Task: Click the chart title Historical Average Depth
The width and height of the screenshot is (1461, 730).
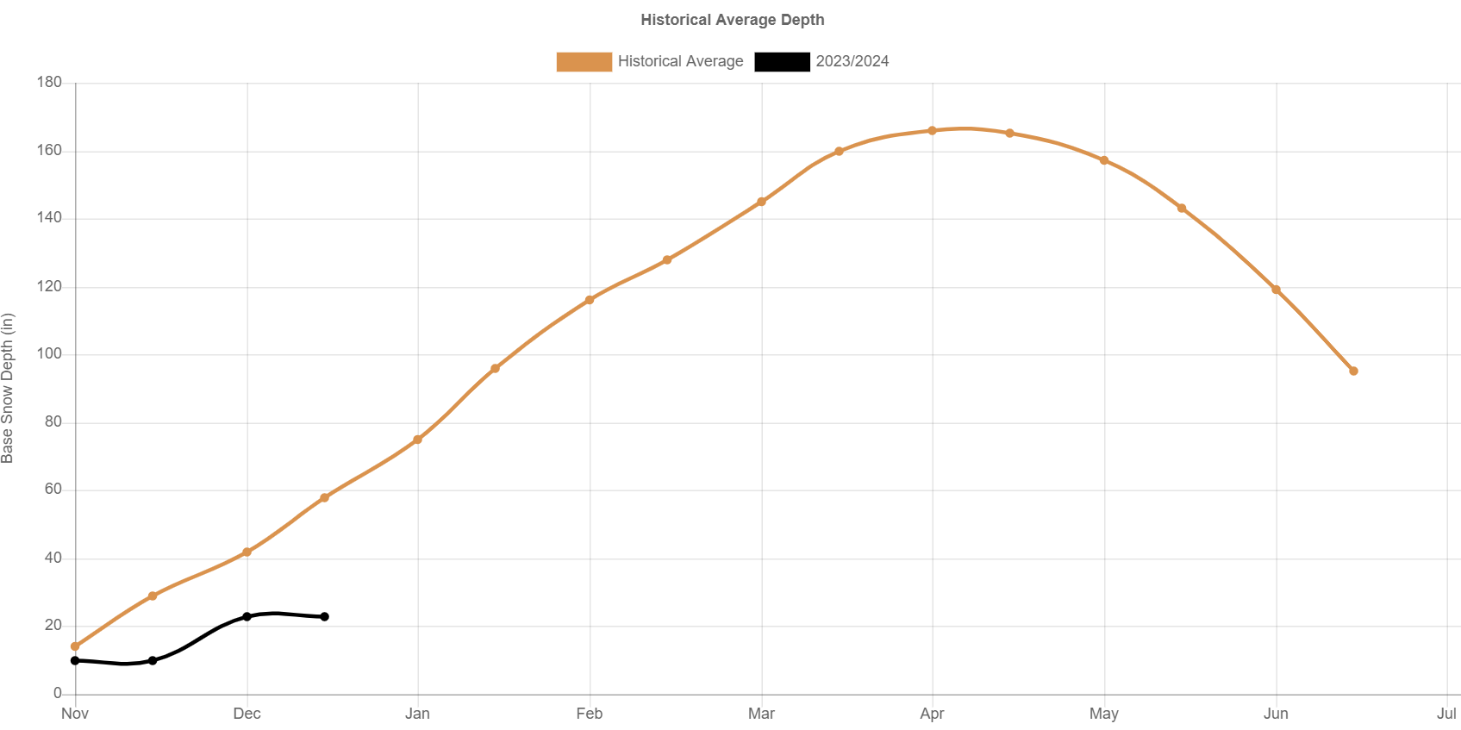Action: [732, 20]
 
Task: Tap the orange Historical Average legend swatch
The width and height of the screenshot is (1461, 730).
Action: [584, 61]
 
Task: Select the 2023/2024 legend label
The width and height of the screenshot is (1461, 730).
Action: [852, 61]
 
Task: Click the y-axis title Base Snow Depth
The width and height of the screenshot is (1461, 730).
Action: [8, 388]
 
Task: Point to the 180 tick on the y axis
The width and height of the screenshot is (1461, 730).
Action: [49, 82]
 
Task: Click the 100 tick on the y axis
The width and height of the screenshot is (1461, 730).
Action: [49, 353]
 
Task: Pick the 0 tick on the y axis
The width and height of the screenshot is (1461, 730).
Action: [58, 693]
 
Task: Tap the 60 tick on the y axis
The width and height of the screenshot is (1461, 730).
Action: [53, 489]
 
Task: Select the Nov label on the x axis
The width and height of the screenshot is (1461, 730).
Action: [75, 714]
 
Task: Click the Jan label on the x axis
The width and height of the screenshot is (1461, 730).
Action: [418, 714]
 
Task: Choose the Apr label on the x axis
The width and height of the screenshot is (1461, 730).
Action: [932, 714]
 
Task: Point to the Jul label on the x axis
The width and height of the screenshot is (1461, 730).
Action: [1446, 714]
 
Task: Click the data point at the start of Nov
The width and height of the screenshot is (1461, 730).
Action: [75, 646]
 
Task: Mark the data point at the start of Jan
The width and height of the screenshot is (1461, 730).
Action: [418, 440]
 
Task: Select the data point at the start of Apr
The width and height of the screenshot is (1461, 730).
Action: [932, 131]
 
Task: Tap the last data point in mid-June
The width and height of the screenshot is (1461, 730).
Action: [1353, 371]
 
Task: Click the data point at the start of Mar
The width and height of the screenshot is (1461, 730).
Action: [761, 202]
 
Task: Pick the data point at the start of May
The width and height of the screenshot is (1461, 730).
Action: [1104, 160]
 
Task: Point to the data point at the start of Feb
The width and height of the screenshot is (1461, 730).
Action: [590, 300]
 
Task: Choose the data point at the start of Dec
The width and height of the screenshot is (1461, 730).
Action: [247, 552]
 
